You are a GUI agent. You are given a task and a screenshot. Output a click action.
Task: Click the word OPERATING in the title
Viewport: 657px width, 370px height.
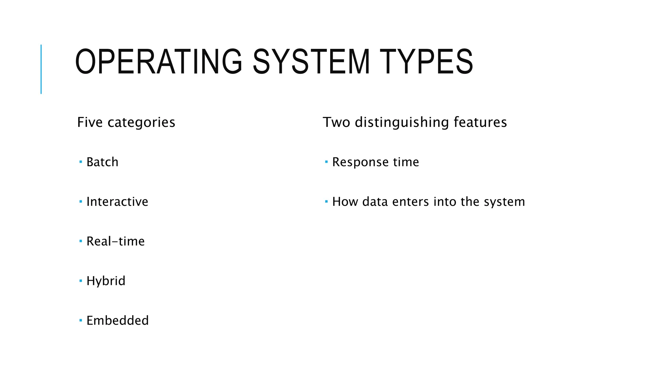pos(158,62)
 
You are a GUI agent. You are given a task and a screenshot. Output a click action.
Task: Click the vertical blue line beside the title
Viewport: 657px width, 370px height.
pos(41,69)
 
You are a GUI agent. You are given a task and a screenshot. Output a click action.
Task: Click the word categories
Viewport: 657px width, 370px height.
pos(141,122)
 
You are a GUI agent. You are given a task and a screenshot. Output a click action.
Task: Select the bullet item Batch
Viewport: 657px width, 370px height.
pos(102,162)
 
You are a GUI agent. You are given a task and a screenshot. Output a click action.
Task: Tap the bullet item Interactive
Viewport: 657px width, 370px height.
pos(117,202)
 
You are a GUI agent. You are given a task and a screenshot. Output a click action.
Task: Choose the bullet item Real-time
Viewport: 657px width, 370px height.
pos(115,241)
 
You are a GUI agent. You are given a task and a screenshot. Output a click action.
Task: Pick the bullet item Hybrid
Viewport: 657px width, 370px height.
pos(106,281)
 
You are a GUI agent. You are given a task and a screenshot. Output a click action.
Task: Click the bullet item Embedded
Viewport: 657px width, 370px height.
pos(117,321)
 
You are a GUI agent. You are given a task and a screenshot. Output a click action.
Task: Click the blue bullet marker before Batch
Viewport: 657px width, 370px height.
pos(81,162)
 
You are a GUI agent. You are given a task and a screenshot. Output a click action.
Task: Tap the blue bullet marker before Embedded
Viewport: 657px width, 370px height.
pos(81,320)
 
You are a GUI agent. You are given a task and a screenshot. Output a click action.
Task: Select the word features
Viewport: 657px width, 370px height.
pos(480,122)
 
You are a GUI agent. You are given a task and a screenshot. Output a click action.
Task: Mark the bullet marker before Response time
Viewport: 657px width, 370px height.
pos(326,162)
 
